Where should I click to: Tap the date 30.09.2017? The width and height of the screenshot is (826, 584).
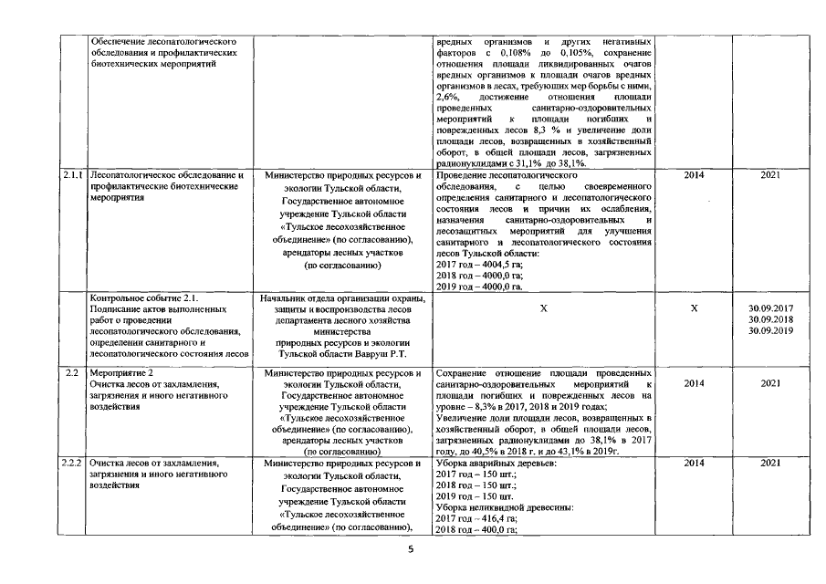(768, 308)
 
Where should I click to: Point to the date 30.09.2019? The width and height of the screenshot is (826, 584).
(768, 331)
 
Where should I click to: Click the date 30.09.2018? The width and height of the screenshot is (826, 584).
(768, 320)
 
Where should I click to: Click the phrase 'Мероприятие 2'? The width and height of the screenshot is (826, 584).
(121, 373)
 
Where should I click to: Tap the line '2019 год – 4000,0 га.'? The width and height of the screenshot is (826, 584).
(479, 287)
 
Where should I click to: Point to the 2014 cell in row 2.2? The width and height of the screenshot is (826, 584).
(694, 384)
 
